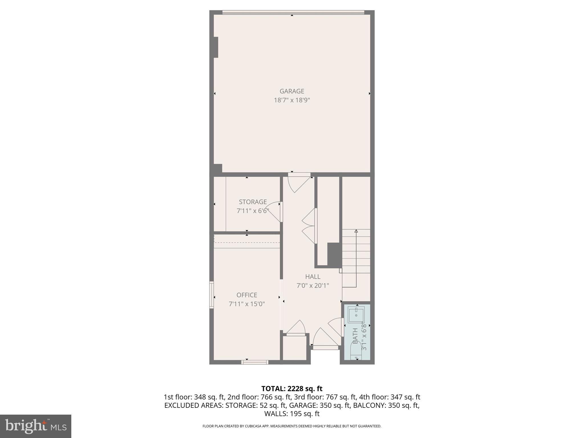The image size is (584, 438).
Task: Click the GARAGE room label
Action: point(292,91)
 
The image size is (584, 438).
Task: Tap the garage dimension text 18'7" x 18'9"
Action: point(292,100)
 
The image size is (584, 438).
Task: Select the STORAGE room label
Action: point(253,202)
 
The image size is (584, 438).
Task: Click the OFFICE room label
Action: point(247,295)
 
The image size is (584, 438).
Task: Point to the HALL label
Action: point(313,277)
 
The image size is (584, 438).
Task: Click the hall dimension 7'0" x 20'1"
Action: point(313,285)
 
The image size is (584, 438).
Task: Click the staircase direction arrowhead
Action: point(356,231)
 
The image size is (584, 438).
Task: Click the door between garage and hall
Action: point(299,182)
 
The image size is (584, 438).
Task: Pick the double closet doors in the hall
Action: point(309,226)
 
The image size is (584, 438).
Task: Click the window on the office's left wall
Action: point(212,295)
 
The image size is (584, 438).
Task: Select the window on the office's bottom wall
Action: point(255,362)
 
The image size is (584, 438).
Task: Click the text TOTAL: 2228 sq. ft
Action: point(292,389)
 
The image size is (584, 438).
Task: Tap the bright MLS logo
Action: point(36,426)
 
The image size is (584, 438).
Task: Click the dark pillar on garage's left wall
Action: point(216,47)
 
